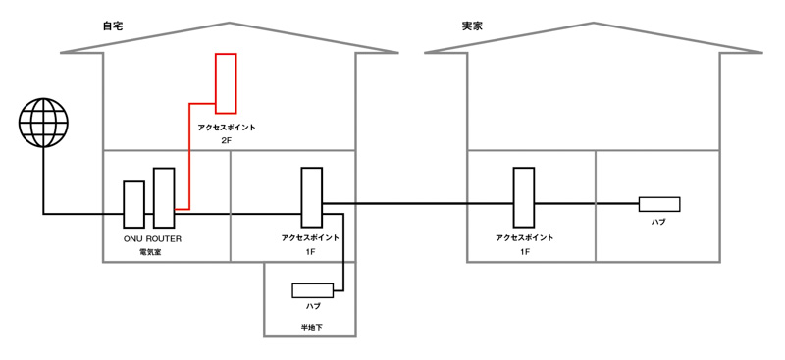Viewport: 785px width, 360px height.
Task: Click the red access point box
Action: tap(226, 83)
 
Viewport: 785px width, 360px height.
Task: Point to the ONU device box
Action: tap(133, 204)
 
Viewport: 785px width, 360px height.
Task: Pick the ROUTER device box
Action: tap(164, 197)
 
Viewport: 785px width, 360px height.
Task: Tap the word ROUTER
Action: tap(164, 238)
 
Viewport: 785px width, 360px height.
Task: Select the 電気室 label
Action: tap(149, 253)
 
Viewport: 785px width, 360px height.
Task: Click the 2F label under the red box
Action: tap(227, 141)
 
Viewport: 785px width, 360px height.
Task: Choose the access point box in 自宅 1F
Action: tap(311, 196)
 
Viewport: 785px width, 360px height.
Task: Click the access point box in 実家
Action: tap(524, 196)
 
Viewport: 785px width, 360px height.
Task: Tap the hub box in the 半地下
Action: tap(312, 290)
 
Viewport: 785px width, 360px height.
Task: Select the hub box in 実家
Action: tap(658, 204)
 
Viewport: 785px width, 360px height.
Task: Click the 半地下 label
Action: tap(311, 326)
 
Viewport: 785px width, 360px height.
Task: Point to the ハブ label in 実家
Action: tap(658, 223)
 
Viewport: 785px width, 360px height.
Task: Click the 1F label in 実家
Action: tap(524, 252)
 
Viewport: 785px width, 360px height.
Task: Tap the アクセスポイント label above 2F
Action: tap(227, 128)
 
